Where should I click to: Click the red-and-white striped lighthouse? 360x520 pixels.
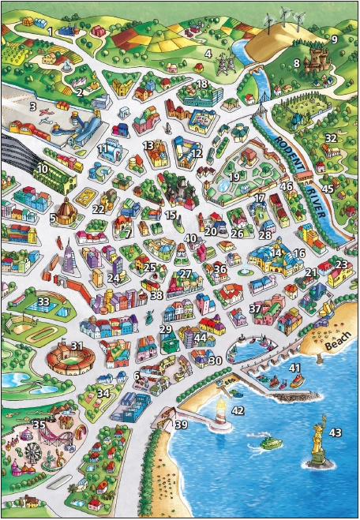[222, 411]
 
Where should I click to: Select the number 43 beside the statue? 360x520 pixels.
[336, 432]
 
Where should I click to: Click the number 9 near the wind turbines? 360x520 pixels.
[334, 39]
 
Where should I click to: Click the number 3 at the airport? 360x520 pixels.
[33, 106]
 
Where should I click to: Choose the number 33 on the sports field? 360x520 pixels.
[44, 301]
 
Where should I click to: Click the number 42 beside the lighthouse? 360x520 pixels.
[238, 410]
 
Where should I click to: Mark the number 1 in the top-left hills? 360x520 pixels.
[49, 32]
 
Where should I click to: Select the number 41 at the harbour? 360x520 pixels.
[294, 368]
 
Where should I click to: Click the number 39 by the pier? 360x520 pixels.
[182, 425]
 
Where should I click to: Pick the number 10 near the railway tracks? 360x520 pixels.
[43, 168]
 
